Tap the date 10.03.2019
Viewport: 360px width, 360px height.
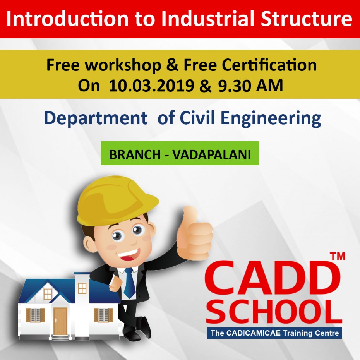(151, 86)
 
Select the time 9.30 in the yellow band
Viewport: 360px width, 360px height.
(234, 86)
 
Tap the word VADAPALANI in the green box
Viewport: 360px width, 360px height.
(211, 154)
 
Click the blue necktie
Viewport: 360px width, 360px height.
(130, 283)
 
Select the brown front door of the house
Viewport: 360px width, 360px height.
(60, 321)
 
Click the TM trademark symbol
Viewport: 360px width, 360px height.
(337, 256)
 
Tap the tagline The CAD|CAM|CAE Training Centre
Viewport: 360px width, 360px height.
(274, 333)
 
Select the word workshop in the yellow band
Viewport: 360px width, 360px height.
(123, 65)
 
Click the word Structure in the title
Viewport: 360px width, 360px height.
(307, 19)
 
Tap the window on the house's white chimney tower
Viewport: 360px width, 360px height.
(82, 288)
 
